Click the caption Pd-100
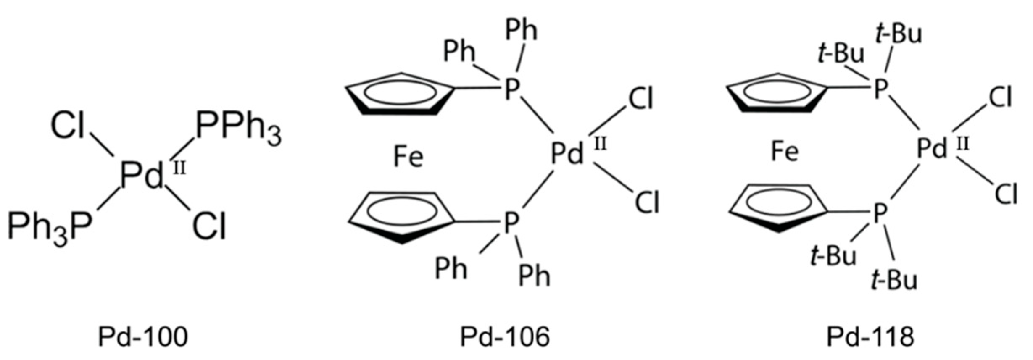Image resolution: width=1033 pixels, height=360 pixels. tap(143, 337)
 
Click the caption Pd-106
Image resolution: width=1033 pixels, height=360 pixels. tap(505, 337)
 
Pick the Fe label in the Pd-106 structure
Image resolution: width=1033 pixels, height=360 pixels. tap(408, 157)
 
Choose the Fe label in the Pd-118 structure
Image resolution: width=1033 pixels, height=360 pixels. tap(784, 152)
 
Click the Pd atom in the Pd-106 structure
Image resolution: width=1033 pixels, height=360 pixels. tap(567, 154)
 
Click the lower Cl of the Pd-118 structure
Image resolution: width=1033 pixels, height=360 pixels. tap(1006, 194)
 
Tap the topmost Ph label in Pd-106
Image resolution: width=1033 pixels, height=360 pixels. tap(521, 30)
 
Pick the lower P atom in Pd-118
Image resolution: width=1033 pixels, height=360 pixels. tap(879, 213)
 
